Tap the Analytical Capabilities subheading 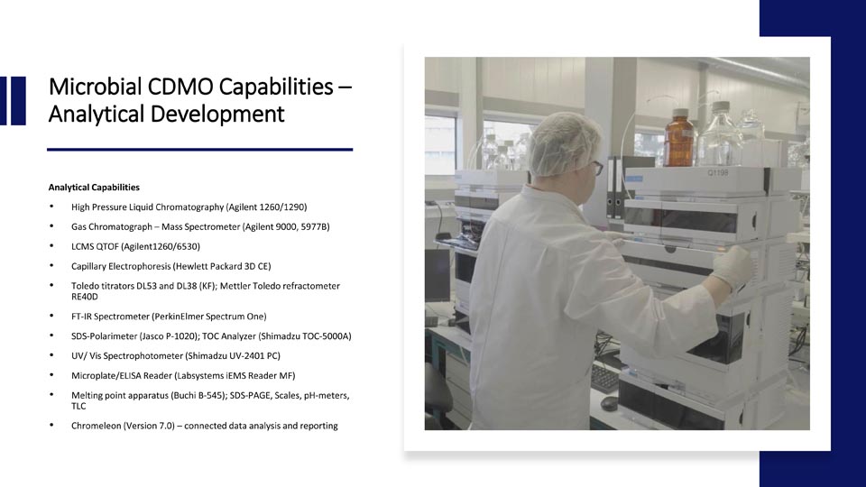94,188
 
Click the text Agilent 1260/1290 266,207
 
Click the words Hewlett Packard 208,266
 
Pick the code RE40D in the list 85,297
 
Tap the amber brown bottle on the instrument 678,138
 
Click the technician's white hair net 562,143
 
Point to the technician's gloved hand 732,267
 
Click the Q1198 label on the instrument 718,173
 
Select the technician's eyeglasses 596,167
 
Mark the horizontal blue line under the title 200,149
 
